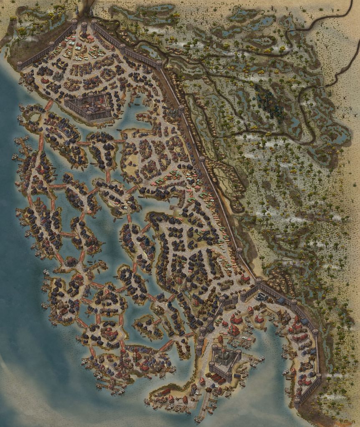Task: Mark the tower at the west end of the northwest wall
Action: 20,65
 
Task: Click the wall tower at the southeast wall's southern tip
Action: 297,402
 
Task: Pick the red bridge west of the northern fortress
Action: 49,105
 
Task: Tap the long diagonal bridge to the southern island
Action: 166,346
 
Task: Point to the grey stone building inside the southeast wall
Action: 262,296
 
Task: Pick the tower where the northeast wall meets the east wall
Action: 159,64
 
